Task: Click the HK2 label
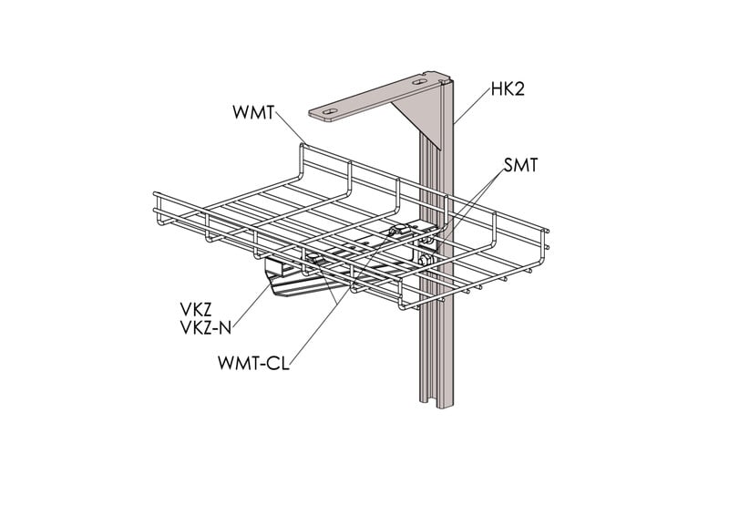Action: coord(508,88)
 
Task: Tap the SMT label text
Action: coord(519,165)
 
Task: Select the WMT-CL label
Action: coord(253,363)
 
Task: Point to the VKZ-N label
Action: coord(206,328)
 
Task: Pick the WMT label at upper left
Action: coord(253,112)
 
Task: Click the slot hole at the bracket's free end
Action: coord(330,111)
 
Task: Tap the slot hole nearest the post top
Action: coord(419,82)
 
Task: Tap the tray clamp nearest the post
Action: coord(400,231)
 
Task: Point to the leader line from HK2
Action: coord(472,104)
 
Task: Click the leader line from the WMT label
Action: coord(291,127)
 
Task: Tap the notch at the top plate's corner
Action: coord(428,73)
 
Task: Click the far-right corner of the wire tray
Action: coord(547,231)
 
